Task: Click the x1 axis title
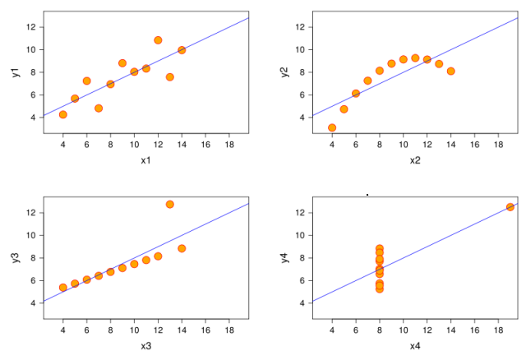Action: point(145,159)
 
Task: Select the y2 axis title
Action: point(284,72)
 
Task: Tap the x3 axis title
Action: point(145,345)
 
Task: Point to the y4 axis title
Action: point(284,258)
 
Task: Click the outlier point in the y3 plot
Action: point(169,205)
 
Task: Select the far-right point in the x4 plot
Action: point(510,207)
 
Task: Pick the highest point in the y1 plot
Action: point(158,39)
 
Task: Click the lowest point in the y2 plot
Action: point(332,127)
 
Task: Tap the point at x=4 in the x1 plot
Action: point(63,114)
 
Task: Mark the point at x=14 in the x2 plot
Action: point(450,71)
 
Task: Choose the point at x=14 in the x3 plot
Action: point(182,248)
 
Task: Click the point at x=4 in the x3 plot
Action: point(63,288)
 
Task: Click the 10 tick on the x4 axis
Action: point(403,330)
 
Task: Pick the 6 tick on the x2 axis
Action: point(356,145)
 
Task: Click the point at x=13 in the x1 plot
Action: point(169,77)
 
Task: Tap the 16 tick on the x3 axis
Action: point(205,330)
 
